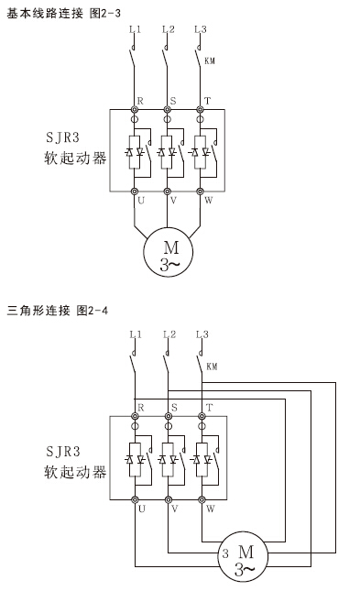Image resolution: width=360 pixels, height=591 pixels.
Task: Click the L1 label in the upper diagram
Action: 135,29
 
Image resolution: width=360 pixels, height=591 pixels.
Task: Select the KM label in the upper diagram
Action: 210,62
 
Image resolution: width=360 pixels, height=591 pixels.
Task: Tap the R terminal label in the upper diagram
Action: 140,100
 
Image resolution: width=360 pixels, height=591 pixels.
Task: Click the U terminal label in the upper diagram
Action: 141,200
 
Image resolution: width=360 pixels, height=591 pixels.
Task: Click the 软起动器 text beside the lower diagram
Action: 75,472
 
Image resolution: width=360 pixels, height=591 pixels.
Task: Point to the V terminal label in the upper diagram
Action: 174,200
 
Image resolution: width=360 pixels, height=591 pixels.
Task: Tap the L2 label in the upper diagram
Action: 168,29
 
